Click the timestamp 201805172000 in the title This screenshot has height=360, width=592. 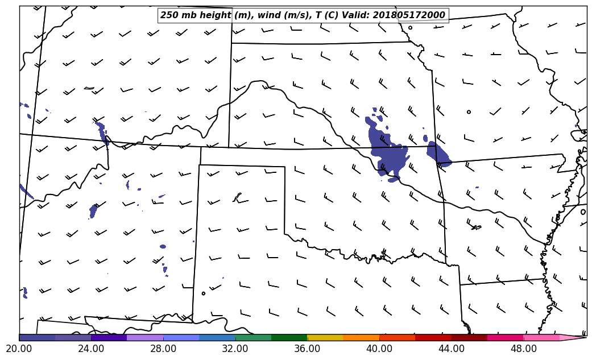(x=409, y=15)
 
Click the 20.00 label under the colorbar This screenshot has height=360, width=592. (x=19, y=348)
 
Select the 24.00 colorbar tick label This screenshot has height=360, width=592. (x=91, y=348)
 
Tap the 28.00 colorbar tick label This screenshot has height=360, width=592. (x=163, y=348)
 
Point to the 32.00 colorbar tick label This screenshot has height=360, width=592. (x=235, y=348)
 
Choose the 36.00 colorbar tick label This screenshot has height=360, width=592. (x=307, y=348)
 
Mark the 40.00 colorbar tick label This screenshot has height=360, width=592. (x=379, y=348)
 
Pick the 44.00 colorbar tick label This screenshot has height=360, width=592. (x=452, y=348)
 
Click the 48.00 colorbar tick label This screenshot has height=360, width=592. (x=523, y=348)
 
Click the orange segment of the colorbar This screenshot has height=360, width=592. (x=361, y=337)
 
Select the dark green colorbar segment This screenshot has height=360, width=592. (x=289, y=337)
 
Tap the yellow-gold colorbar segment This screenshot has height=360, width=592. (x=325, y=337)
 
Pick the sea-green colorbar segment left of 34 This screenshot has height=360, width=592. (x=253, y=337)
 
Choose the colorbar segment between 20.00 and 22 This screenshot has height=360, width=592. (x=37, y=337)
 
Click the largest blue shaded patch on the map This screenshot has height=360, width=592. (x=387, y=154)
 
